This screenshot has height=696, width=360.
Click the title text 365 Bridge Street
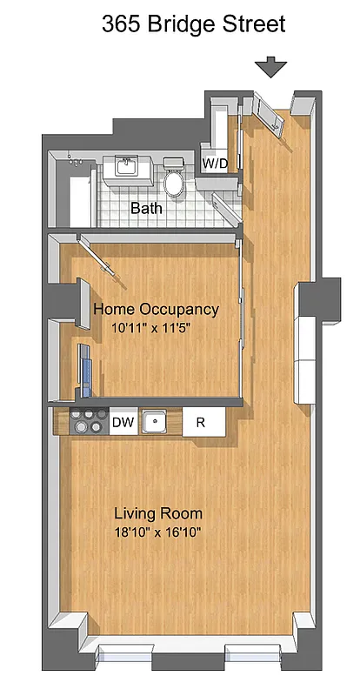[x=193, y=25]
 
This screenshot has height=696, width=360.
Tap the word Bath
[x=145, y=209]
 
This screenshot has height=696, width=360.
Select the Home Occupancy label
[x=156, y=310]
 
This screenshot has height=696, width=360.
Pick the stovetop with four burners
[x=86, y=423]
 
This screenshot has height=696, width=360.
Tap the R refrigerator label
[x=200, y=423]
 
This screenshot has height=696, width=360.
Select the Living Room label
[x=158, y=513]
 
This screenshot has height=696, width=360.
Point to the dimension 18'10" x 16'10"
[x=158, y=532]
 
